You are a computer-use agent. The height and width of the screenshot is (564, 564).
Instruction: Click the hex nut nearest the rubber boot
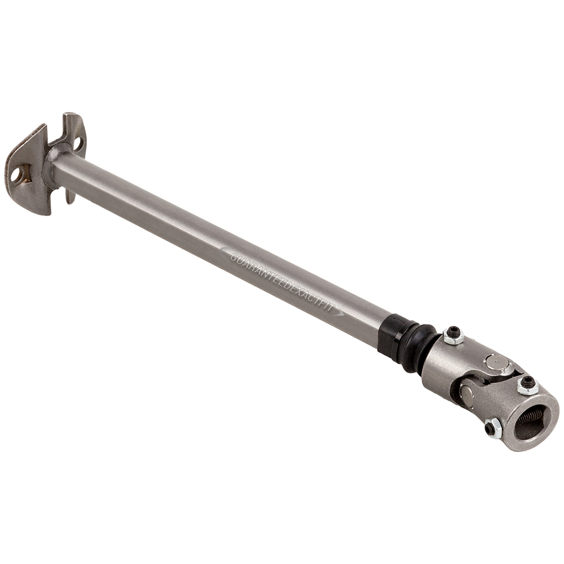coord(453,336)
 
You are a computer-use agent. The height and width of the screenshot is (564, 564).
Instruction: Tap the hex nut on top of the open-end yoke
coord(527,385)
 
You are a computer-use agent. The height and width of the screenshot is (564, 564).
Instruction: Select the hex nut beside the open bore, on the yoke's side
coord(492,428)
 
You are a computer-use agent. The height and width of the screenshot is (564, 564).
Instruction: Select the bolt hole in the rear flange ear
coord(78,144)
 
